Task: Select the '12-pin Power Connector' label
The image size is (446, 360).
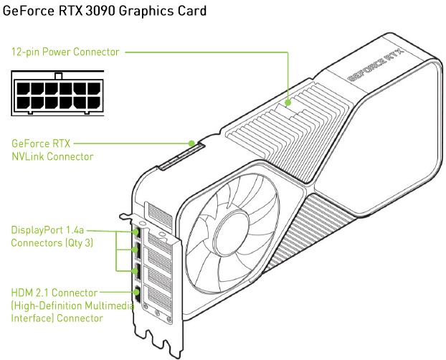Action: pyautogui.click(x=65, y=52)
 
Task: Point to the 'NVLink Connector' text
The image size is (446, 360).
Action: pyautogui.click(x=52, y=156)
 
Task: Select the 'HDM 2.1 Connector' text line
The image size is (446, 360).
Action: pyautogui.click(x=54, y=293)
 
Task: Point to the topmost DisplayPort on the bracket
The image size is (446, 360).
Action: pyautogui.click(x=136, y=232)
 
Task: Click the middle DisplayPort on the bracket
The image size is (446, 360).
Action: pyautogui.click(x=136, y=250)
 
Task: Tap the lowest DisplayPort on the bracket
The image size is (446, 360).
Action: pyautogui.click(x=136, y=271)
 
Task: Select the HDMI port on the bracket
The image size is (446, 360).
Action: pyautogui.click(x=136, y=293)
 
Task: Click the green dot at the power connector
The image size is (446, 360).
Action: pyautogui.click(x=288, y=102)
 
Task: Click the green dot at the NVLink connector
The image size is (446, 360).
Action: pyautogui.click(x=191, y=142)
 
